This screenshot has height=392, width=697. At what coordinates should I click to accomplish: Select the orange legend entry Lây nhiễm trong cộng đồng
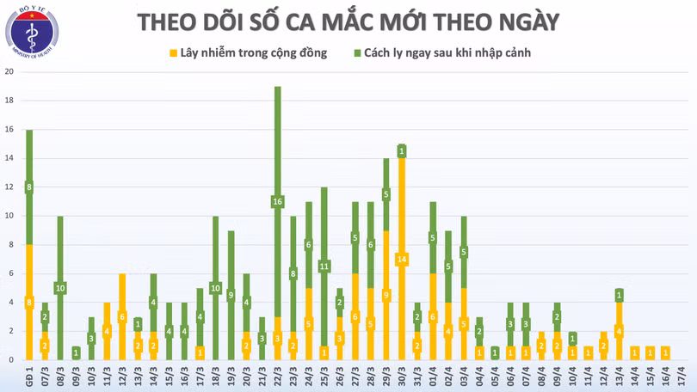(247, 53)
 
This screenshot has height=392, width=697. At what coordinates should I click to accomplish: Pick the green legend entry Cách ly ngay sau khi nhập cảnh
(441, 53)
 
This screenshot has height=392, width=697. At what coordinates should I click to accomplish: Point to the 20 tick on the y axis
(8, 72)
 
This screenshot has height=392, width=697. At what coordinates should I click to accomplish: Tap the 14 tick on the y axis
(8, 158)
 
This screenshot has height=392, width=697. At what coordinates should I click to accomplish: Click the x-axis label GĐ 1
(29, 377)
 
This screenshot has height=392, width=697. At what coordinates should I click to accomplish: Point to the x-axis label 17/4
(681, 377)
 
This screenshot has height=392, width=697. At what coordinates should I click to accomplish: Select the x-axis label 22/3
(278, 377)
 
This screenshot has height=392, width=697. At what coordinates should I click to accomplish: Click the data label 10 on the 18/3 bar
(216, 288)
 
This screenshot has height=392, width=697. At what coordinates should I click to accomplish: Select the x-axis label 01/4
(433, 377)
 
